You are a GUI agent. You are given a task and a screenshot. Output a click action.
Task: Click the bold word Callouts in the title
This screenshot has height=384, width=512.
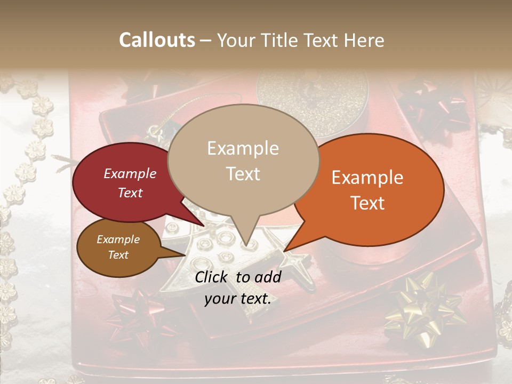[x=157, y=40]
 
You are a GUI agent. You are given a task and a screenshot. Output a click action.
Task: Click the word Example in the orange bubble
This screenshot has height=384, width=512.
[x=367, y=178]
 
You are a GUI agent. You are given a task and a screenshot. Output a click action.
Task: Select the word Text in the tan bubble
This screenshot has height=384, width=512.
[x=243, y=174]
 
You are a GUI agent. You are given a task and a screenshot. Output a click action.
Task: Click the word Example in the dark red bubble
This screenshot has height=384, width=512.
[x=130, y=173]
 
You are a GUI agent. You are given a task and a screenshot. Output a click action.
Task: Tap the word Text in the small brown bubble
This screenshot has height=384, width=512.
[x=118, y=255]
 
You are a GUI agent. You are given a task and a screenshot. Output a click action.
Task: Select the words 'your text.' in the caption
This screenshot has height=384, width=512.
[x=238, y=299]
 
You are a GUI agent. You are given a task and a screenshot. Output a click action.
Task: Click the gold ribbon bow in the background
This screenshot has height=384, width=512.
[x=421, y=307]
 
